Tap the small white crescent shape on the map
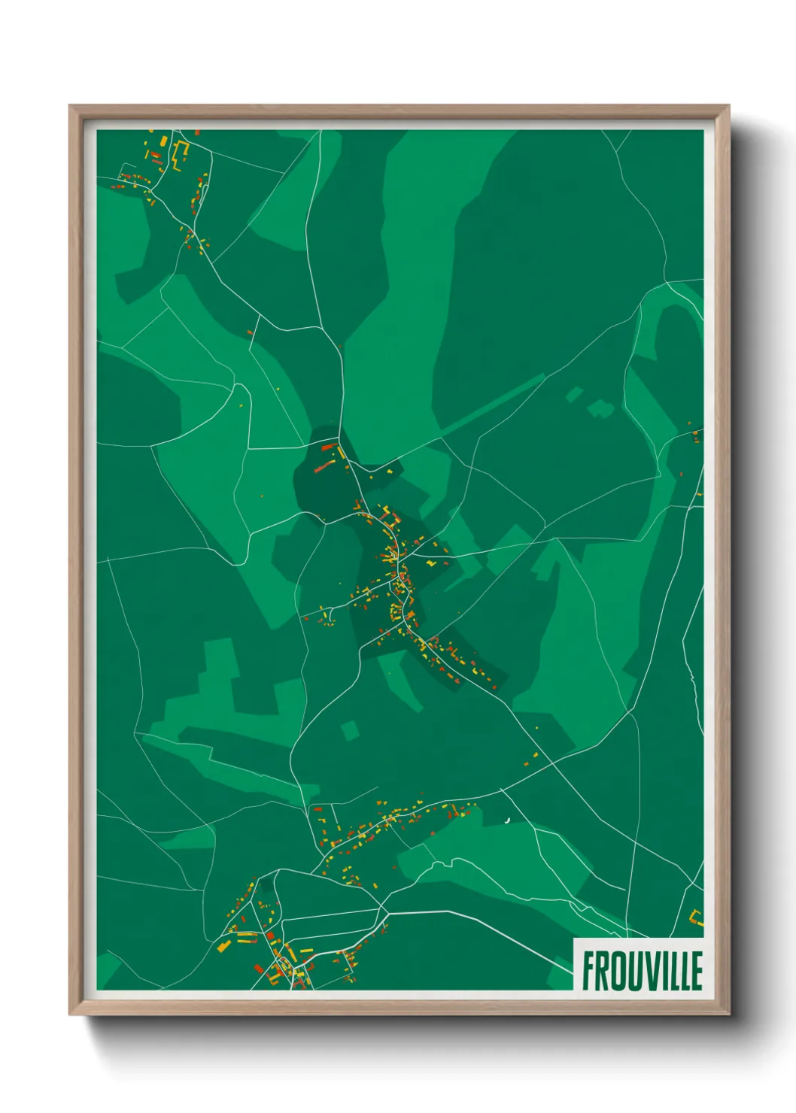509,820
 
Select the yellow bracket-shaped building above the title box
697,918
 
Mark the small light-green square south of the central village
349,730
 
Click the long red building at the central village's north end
328,447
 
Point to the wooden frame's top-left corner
71,107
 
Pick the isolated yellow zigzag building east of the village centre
432,561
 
